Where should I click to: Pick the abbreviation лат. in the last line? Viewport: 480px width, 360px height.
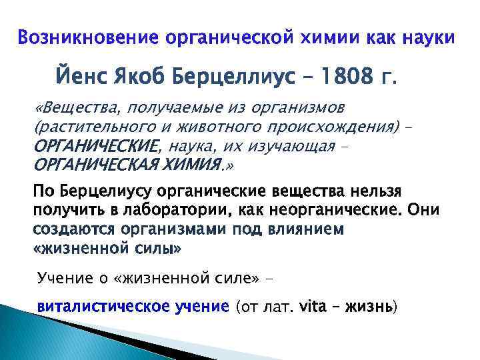coord(281,307)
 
